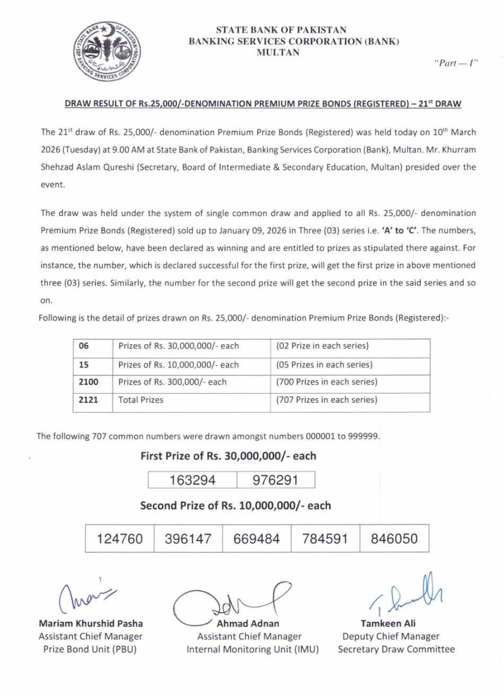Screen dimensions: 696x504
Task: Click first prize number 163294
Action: click(x=192, y=480)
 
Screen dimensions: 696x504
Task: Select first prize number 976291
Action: click(x=275, y=480)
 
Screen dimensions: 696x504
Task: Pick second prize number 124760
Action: click(x=119, y=539)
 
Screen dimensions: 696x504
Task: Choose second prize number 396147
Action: click(x=188, y=539)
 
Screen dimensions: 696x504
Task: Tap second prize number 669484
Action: click(x=256, y=539)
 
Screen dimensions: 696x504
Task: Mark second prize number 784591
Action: click(x=325, y=539)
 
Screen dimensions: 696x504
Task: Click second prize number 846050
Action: click(x=394, y=539)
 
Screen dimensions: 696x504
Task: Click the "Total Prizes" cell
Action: click(x=141, y=400)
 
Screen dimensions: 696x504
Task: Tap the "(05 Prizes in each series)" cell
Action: click(x=324, y=365)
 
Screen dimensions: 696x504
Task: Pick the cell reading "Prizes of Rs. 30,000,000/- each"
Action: click(x=178, y=346)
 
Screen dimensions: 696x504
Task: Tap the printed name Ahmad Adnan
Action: click(x=248, y=624)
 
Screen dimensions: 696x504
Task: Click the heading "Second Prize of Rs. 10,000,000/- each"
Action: click(x=235, y=506)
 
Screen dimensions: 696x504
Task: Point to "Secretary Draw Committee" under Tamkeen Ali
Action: click(x=396, y=649)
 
